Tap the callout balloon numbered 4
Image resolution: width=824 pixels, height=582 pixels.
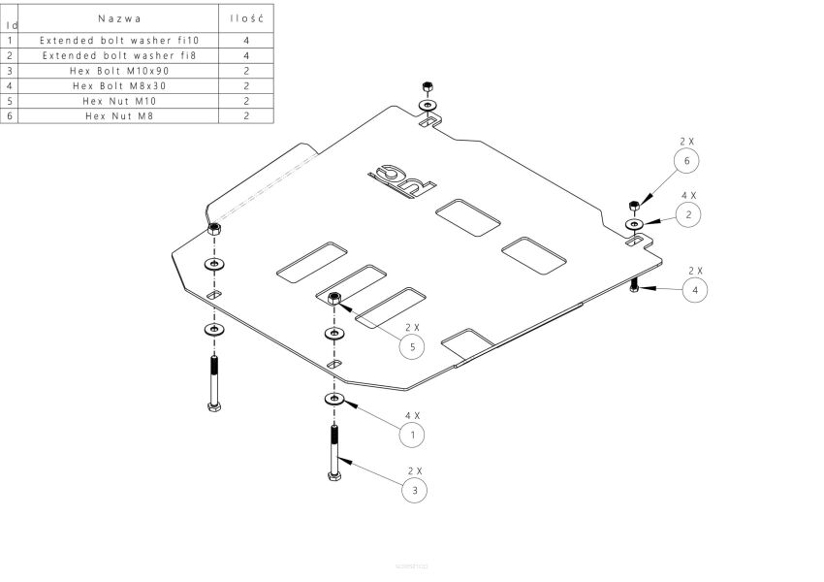[x=695, y=289]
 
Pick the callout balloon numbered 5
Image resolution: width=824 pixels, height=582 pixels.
[x=412, y=346]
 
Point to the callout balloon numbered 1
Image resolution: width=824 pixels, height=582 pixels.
[x=412, y=435]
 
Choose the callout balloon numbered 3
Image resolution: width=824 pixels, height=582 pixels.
[x=415, y=491]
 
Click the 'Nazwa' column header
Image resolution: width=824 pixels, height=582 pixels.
[x=119, y=18]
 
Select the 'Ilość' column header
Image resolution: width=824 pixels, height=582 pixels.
[x=247, y=18]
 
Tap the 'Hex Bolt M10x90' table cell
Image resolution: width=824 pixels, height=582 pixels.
[x=119, y=71]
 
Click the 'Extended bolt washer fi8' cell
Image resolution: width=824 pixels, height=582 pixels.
[x=119, y=55]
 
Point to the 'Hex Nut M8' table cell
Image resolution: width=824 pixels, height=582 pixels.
[x=119, y=115]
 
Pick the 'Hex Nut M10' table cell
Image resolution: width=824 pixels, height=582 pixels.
[x=119, y=101]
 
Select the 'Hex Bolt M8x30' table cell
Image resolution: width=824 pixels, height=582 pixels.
[x=119, y=85]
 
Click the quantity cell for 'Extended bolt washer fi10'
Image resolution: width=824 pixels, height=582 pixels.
[x=247, y=41]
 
